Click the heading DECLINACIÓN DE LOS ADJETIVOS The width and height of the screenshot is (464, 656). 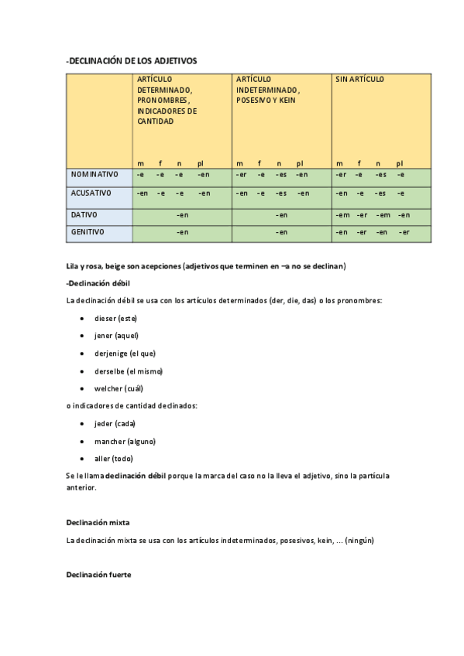tap(132, 60)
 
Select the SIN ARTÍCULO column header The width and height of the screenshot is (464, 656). tap(359, 80)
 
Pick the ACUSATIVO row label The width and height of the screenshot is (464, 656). tap(91, 193)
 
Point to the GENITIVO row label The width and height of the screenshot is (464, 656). tap(87, 232)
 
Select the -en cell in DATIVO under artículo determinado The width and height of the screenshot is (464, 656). tap(183, 214)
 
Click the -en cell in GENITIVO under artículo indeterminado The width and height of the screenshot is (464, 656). tap(282, 232)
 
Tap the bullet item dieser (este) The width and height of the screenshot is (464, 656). tap(115, 318)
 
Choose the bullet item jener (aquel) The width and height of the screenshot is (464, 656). tap(115, 336)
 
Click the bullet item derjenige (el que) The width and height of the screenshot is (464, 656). tap(125, 354)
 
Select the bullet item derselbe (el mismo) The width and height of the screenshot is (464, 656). tap(129, 371)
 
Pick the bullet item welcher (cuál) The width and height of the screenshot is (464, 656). tap(119, 388)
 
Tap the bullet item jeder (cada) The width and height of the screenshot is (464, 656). tap(115, 423)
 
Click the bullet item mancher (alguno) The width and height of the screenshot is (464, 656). tap(125, 441)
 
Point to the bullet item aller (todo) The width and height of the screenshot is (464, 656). tap(113, 459)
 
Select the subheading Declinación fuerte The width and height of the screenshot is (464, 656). tap(99, 575)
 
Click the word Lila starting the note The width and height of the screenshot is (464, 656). tap(73, 267)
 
